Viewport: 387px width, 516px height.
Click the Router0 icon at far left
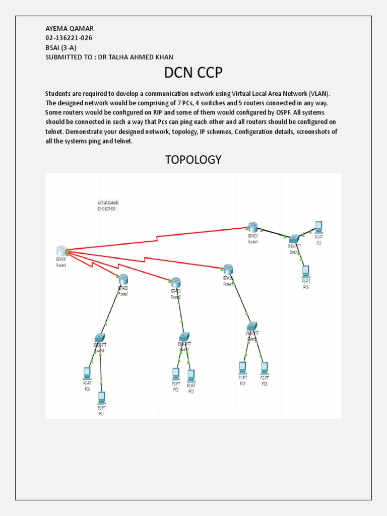[61, 250]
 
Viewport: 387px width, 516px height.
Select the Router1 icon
[123, 279]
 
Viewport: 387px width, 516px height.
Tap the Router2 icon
[175, 282]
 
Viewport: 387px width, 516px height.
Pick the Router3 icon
[228, 270]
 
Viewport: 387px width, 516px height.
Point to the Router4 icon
[252, 228]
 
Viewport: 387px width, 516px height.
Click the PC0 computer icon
[87, 373]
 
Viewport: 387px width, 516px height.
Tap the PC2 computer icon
[175, 373]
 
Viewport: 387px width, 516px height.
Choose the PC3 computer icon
[191, 375]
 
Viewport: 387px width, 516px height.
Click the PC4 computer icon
[242, 367]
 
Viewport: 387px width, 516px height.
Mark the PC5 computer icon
[264, 367]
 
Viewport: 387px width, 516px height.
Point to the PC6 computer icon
[305, 271]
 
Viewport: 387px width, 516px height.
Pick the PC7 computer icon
[318, 226]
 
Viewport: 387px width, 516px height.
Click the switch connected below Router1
[99, 338]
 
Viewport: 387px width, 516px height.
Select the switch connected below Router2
[184, 337]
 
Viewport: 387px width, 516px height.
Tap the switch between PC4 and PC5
[252, 326]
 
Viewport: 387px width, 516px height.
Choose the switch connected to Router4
[294, 239]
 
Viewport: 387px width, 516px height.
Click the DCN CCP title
[193, 73]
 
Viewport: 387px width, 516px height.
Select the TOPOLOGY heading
[193, 160]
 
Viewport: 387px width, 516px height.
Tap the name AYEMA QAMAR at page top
[69, 28]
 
